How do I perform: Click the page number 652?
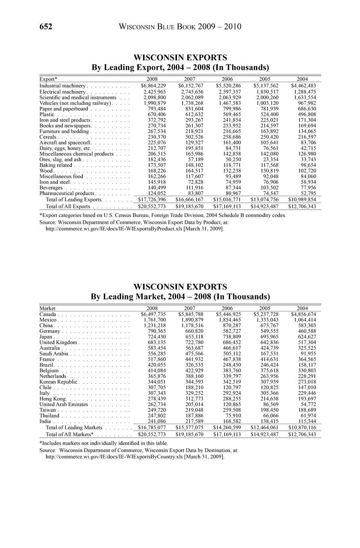point(46,27)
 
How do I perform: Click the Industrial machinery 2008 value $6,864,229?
point(153,86)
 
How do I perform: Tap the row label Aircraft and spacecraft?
point(65,142)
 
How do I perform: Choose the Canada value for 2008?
point(153,315)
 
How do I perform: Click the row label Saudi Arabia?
point(54,353)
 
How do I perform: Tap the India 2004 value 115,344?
point(306,421)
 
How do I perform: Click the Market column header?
point(48,308)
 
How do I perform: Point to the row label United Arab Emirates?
point(64,404)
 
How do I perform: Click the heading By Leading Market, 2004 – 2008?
point(180,297)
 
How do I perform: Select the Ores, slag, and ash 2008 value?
point(155,159)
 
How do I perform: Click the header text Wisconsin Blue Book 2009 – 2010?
point(180,27)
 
